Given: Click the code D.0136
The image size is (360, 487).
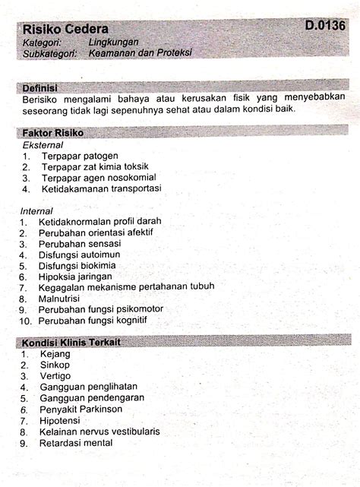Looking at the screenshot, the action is tap(325, 25).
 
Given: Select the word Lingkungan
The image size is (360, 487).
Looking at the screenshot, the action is tap(113, 42).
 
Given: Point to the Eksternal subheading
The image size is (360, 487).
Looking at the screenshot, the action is tap(43, 144).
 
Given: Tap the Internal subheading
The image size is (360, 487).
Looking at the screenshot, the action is tap(37, 210).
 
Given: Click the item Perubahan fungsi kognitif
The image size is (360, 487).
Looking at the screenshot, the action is tap(93, 320).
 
